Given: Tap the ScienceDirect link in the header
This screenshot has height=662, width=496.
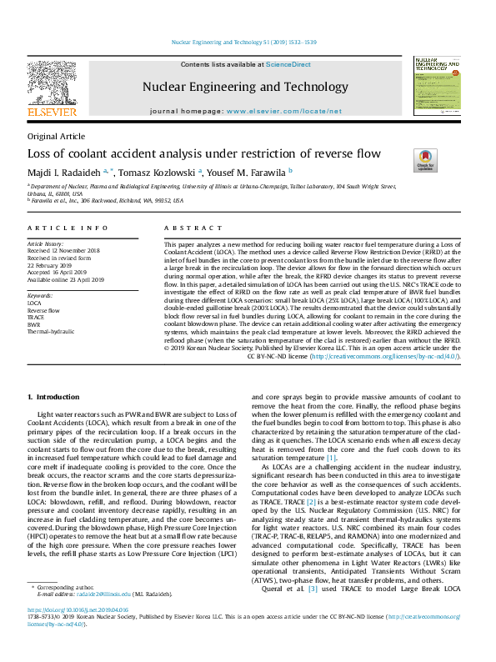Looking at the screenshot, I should pyautogui.click(x=288, y=64).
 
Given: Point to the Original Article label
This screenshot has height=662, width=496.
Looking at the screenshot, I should pyautogui.click(x=56, y=136).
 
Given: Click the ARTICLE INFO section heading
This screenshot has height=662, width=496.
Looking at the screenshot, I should pyautogui.click(x=68, y=228).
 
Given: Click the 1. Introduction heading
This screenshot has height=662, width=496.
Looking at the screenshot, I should pyautogui.click(x=53, y=397).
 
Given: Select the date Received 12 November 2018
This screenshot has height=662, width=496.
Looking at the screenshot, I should pyautogui.click(x=64, y=250).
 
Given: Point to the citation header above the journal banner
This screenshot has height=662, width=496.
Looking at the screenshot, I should pyautogui.click(x=248, y=42).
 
